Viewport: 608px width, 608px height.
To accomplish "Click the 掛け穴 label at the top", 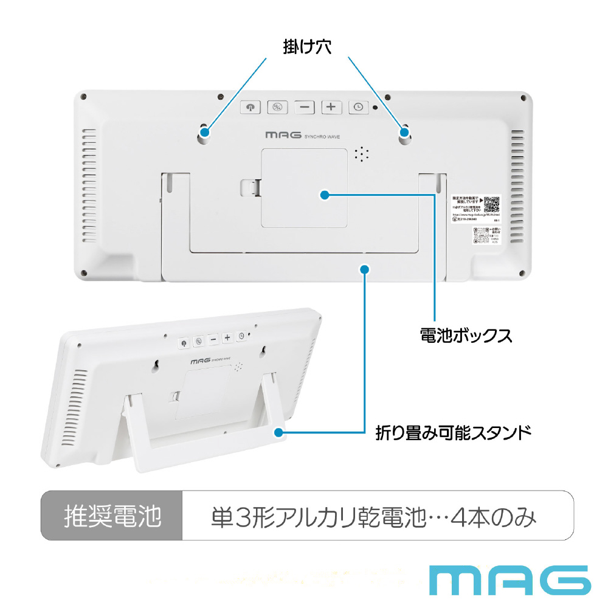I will coord(307,47).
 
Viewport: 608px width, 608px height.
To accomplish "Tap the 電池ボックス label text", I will coord(466,335).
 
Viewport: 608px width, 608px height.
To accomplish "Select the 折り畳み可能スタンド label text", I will coord(453,433).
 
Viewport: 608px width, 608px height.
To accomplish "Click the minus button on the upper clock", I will coord(305,107).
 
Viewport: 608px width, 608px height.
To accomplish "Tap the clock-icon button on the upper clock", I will coord(359,107).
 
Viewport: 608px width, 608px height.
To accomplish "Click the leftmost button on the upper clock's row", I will coord(250,107).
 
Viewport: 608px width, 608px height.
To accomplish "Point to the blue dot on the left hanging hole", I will coord(205,131).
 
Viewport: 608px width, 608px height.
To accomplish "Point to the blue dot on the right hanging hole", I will coord(404,131).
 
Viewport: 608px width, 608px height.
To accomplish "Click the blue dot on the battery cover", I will coord(324,195).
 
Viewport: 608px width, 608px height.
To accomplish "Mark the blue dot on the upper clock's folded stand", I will coord(364,268).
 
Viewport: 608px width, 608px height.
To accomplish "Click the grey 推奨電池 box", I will coord(112,516).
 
